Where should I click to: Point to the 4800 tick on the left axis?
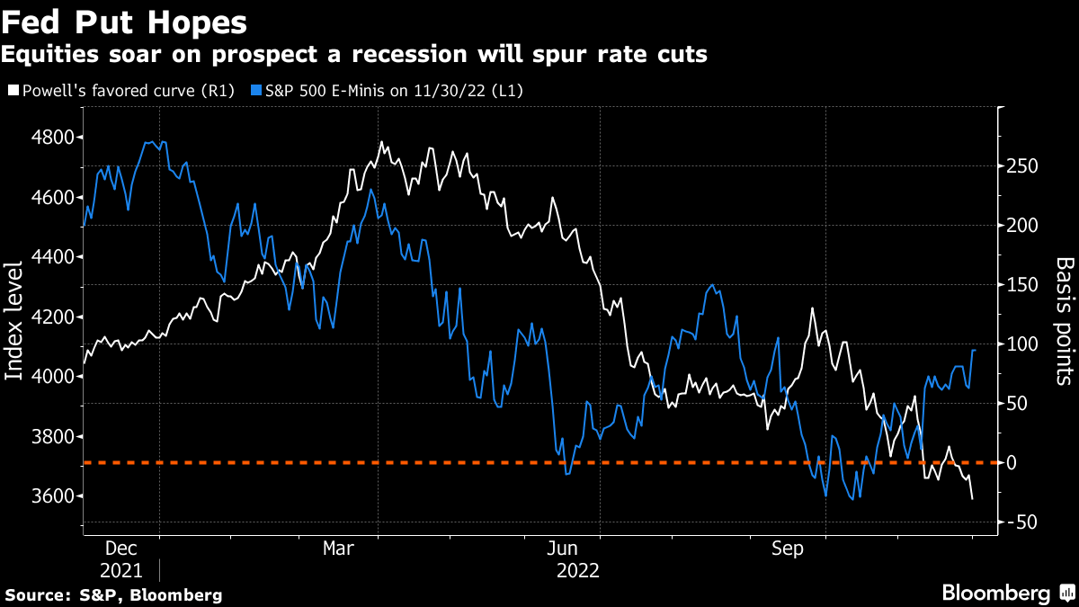[53, 138]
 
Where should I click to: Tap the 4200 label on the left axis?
[53, 317]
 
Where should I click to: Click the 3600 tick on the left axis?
[53, 496]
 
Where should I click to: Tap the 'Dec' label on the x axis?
[121, 548]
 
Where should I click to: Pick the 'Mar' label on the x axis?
[339, 548]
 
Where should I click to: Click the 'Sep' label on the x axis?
[789, 548]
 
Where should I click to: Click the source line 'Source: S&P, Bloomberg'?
[113, 595]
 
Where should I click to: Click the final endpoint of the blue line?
[976, 350]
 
